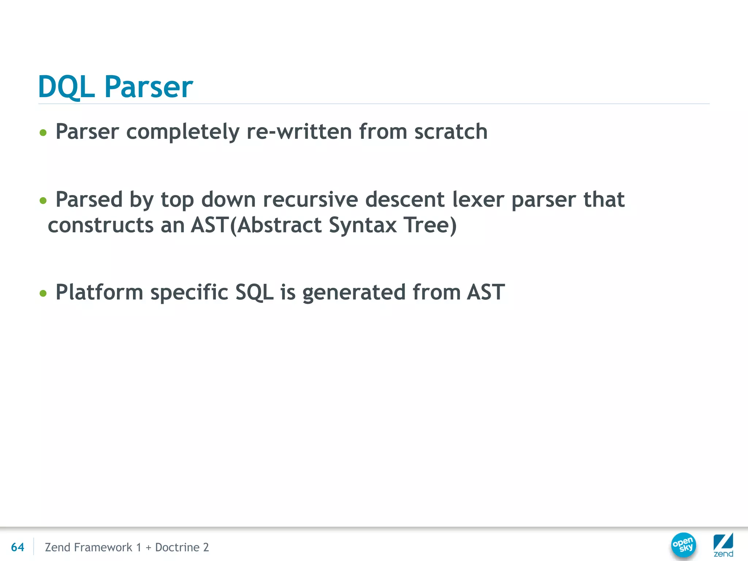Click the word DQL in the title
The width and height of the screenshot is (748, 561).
(x=66, y=87)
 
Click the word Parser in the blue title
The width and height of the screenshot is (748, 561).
(x=149, y=87)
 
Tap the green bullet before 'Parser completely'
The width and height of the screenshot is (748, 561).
(x=43, y=133)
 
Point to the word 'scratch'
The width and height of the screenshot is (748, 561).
(x=451, y=131)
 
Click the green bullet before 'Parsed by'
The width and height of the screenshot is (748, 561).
(x=43, y=201)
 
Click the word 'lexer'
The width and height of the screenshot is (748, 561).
(x=478, y=200)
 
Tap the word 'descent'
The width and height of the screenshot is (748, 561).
(x=405, y=200)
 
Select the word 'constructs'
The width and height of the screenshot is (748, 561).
(x=100, y=225)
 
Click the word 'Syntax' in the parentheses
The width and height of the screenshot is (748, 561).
(x=363, y=226)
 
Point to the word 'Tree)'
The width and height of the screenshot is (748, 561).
(x=430, y=225)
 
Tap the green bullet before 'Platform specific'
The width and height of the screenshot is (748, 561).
(x=43, y=293)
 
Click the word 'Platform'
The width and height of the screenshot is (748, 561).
(x=99, y=293)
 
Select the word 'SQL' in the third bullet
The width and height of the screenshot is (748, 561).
(x=254, y=293)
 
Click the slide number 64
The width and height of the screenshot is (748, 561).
(x=18, y=547)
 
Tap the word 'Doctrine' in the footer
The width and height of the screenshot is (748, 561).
(x=177, y=547)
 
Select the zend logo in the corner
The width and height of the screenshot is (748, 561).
(x=723, y=545)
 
